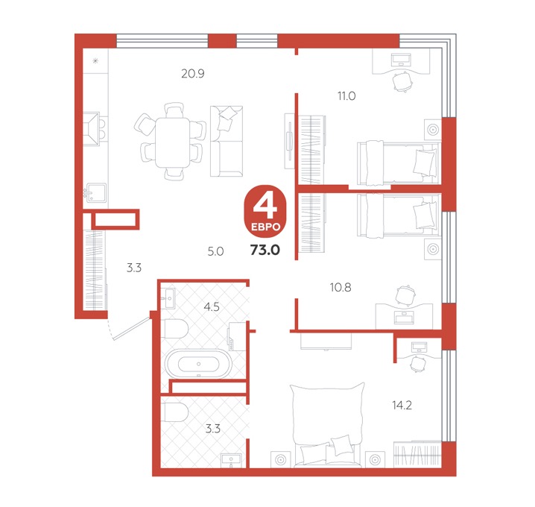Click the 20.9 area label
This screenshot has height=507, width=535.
tap(193, 73)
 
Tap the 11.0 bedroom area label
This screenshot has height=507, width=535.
tap(346, 96)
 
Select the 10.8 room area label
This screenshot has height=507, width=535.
tap(341, 288)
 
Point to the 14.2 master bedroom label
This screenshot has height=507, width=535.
tap(402, 406)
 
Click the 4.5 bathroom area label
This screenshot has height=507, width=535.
tap(212, 307)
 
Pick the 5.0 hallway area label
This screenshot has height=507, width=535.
tap(215, 251)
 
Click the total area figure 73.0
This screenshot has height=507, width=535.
tap(265, 250)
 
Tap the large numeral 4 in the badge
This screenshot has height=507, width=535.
tap(265, 207)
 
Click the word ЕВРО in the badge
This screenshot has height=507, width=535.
tap(265, 227)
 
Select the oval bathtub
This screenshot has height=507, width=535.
tap(199, 364)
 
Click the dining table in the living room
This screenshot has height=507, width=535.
tap(172, 142)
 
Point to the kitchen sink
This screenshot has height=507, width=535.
tap(96, 193)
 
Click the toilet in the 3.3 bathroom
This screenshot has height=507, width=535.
tap(176, 412)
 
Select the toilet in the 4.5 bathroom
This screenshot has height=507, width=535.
tap(176, 329)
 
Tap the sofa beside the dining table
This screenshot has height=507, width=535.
tap(227, 142)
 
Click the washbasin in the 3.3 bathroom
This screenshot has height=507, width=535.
tap(231, 460)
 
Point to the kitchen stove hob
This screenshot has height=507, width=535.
tap(93, 128)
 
